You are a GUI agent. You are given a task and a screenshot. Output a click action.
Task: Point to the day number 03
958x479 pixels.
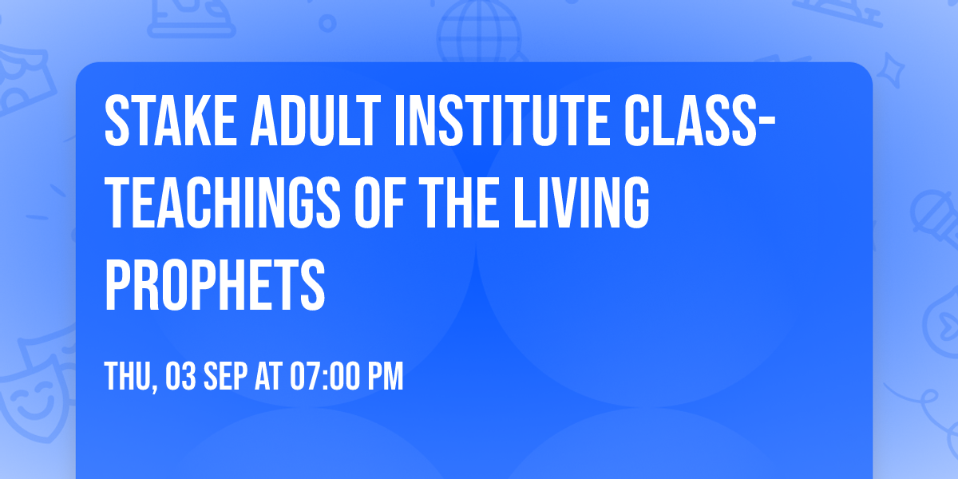182,377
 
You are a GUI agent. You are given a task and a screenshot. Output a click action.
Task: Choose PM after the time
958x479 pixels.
386,377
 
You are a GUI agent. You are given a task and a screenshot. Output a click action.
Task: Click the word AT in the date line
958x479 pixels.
271,377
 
